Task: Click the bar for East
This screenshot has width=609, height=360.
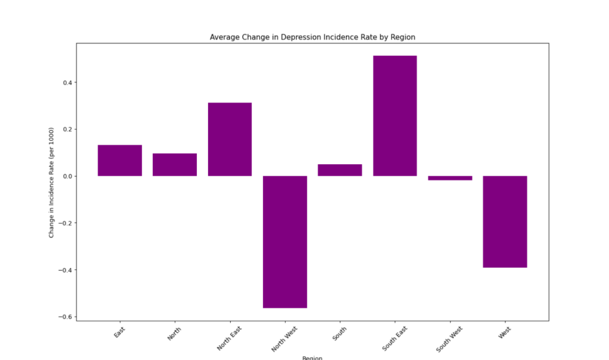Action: pyautogui.click(x=120, y=160)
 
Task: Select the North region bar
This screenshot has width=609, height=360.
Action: pyautogui.click(x=174, y=165)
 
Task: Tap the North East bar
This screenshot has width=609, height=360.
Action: pyautogui.click(x=230, y=139)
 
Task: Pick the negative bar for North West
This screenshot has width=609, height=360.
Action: pyautogui.click(x=285, y=242)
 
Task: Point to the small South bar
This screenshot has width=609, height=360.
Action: pyautogui.click(x=340, y=170)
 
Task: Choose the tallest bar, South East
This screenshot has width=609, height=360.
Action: pyautogui.click(x=395, y=115)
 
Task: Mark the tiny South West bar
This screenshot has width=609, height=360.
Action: pyautogui.click(x=450, y=178)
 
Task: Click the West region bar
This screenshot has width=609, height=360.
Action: pyautogui.click(x=505, y=221)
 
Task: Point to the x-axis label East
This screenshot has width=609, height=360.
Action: pyautogui.click(x=120, y=331)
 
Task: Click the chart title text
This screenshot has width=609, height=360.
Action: pyautogui.click(x=312, y=37)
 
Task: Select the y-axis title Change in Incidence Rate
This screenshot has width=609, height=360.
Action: pyautogui.click(x=52, y=182)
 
